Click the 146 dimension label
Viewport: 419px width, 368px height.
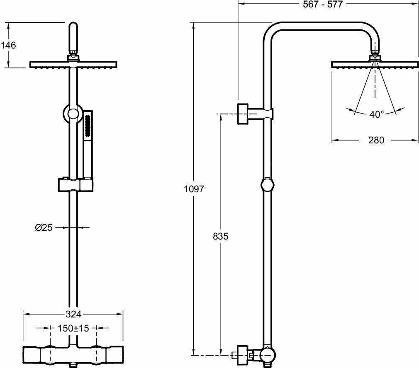(x=8, y=45)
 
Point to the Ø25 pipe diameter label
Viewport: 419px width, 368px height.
(x=44, y=227)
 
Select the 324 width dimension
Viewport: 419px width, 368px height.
(x=73, y=314)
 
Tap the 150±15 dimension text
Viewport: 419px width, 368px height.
(x=73, y=328)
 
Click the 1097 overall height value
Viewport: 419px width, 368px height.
(x=194, y=189)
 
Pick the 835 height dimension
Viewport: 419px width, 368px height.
(x=220, y=236)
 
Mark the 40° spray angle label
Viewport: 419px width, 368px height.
(x=376, y=114)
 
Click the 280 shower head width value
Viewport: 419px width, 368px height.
(x=376, y=140)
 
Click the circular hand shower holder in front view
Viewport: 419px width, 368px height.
(x=73, y=113)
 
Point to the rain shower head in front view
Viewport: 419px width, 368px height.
(x=73, y=64)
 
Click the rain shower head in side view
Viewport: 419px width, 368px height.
(x=375, y=64)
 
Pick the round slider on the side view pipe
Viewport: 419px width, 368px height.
(x=268, y=184)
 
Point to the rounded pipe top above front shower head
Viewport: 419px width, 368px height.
(x=73, y=33)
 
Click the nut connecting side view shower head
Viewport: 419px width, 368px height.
(x=375, y=55)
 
